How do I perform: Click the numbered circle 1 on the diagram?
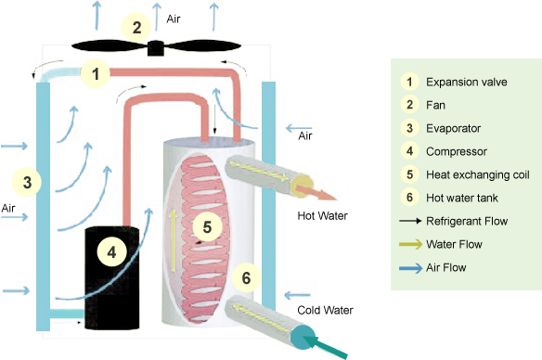(x=94, y=71)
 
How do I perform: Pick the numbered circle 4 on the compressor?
(x=110, y=251)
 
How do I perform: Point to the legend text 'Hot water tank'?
(x=461, y=198)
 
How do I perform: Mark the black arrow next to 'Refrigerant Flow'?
(x=410, y=222)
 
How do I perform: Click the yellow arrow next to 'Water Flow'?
(x=410, y=245)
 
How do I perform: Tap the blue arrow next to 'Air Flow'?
(x=410, y=268)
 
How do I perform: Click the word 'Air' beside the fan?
(x=174, y=19)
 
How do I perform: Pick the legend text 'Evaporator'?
(x=452, y=128)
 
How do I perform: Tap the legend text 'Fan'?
(x=435, y=105)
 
